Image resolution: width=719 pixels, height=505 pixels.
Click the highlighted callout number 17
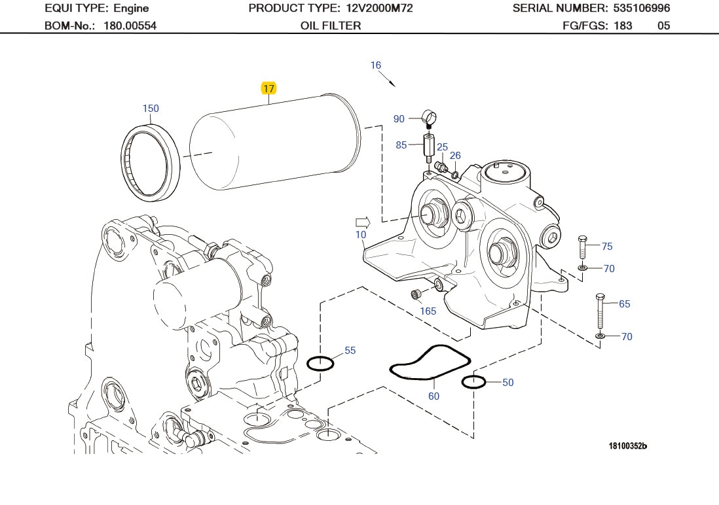point(268,88)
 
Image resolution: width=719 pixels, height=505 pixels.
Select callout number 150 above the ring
point(151,109)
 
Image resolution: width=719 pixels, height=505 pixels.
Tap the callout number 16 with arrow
point(375,65)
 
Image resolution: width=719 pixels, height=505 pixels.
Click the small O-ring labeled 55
point(320,362)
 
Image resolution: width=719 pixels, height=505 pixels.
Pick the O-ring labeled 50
point(473,382)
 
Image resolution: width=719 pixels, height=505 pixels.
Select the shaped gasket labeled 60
point(430,362)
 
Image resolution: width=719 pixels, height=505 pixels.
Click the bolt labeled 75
point(583,247)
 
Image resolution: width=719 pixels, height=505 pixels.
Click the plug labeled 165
point(415,294)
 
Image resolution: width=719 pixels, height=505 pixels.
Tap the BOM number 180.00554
point(130,26)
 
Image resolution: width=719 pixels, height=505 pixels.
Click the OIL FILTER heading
point(331,26)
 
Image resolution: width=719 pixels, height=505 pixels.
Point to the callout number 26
point(455,155)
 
